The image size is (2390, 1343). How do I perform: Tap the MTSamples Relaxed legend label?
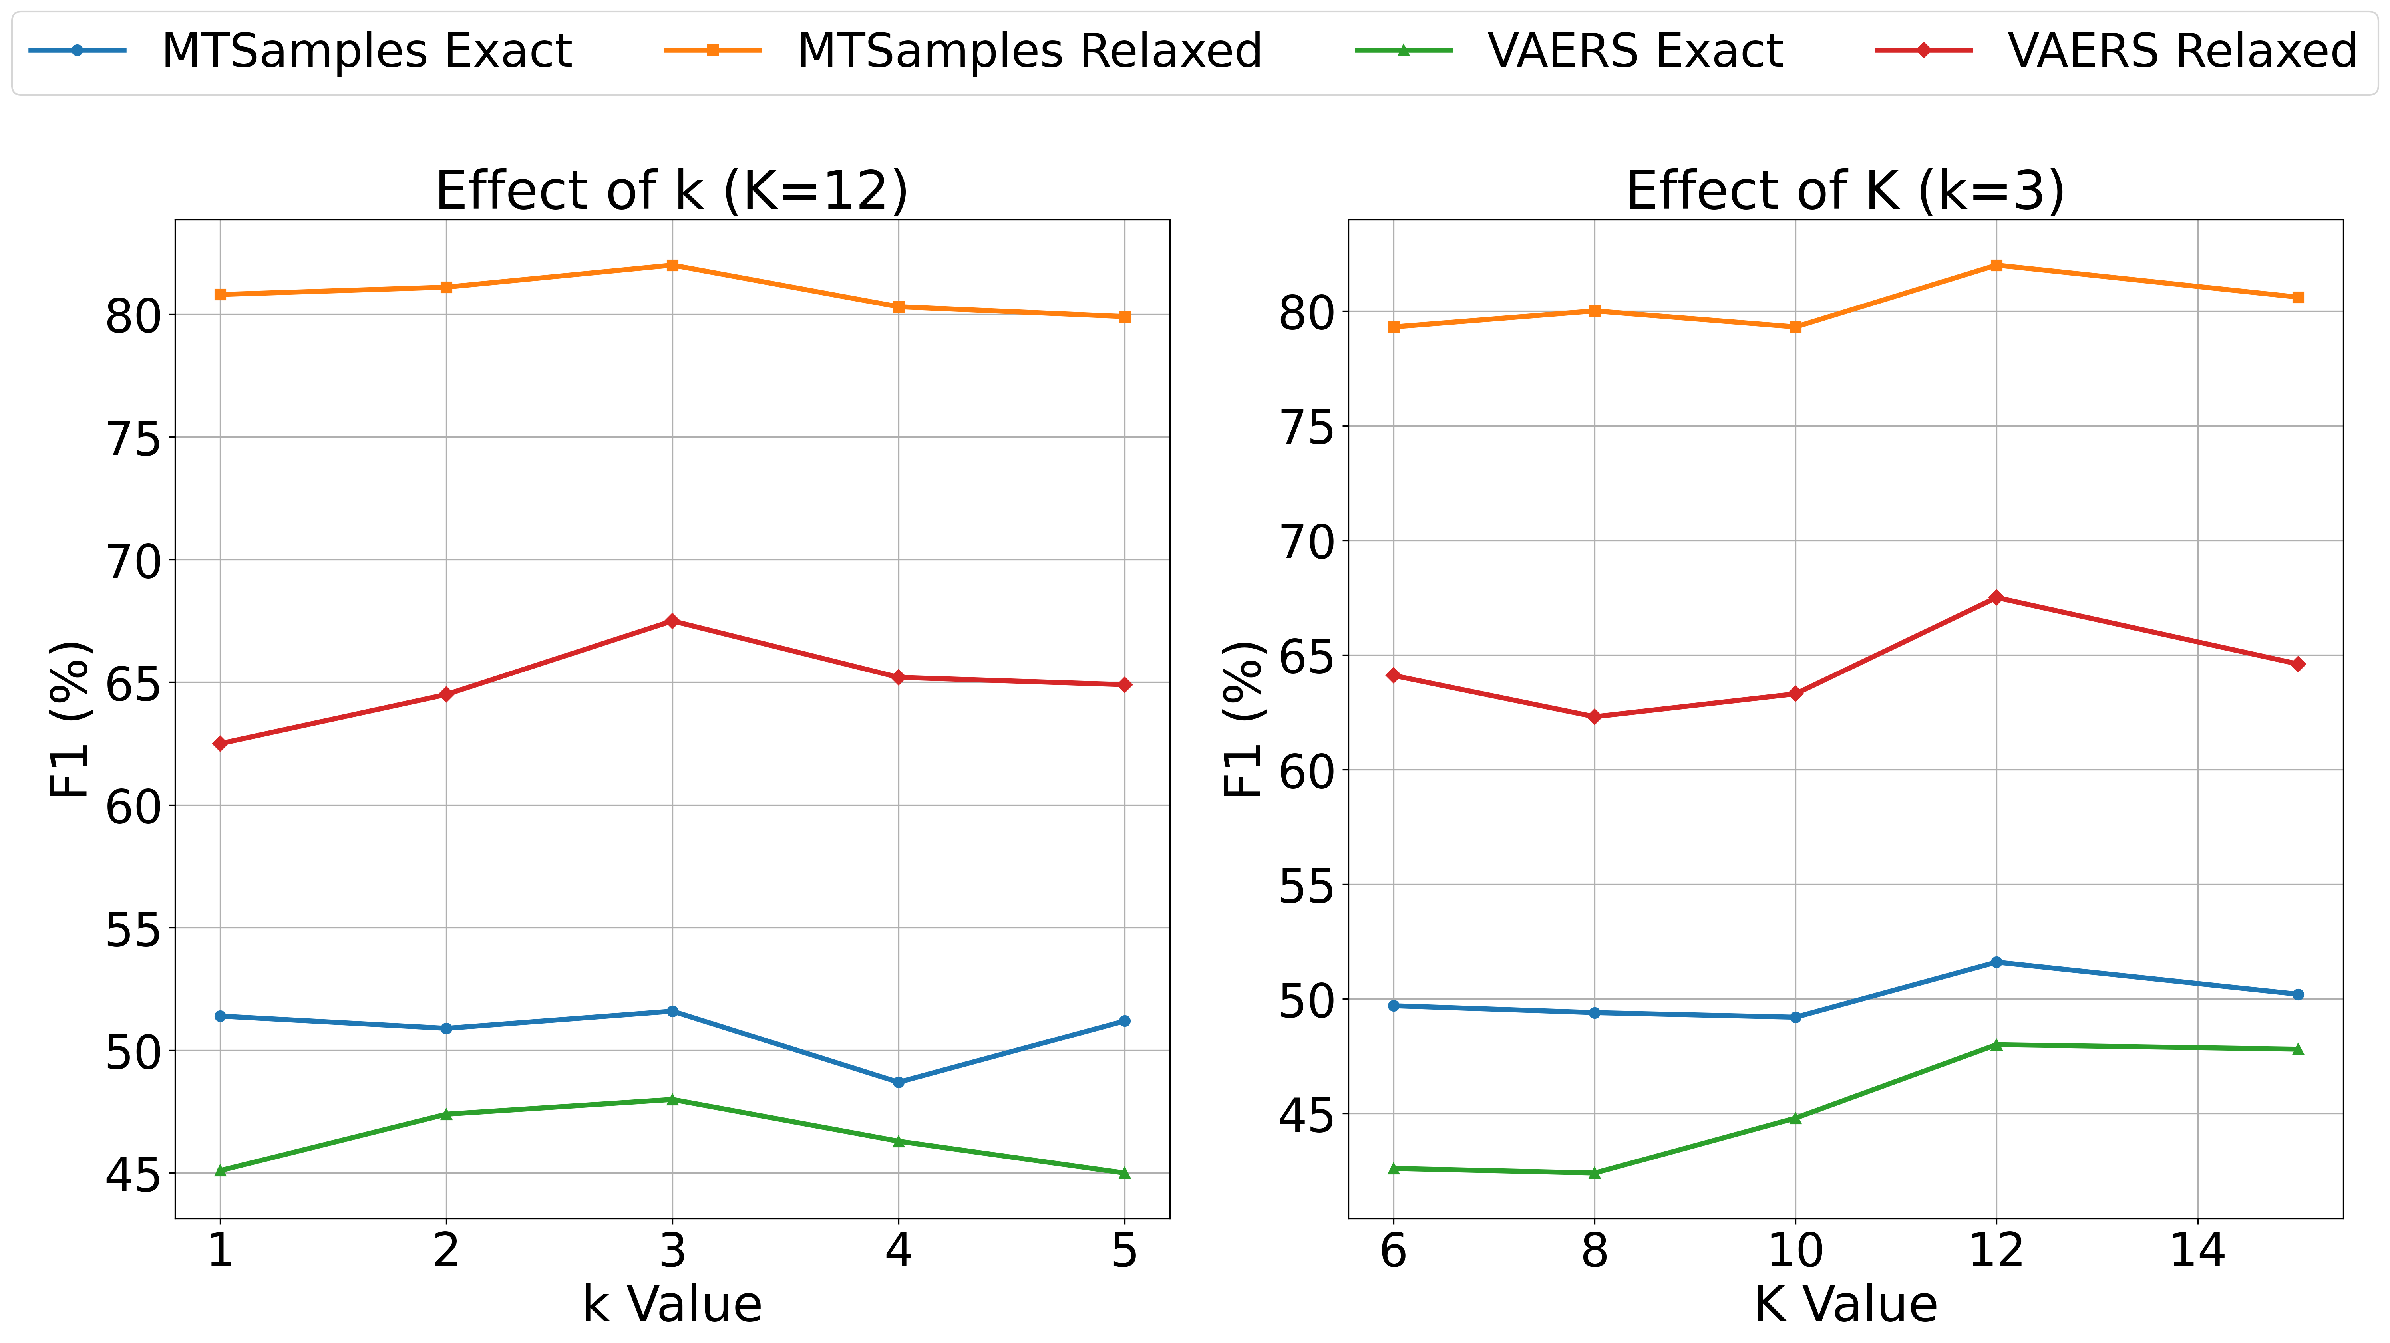(x=1029, y=51)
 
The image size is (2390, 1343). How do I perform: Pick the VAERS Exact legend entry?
(x=1635, y=51)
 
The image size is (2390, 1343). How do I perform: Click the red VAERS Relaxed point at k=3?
(x=672, y=621)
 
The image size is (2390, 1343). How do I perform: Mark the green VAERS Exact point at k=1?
(x=220, y=1170)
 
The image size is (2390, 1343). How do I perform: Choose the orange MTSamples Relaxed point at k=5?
(x=1125, y=316)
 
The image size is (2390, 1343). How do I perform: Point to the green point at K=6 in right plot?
(x=1393, y=1168)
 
